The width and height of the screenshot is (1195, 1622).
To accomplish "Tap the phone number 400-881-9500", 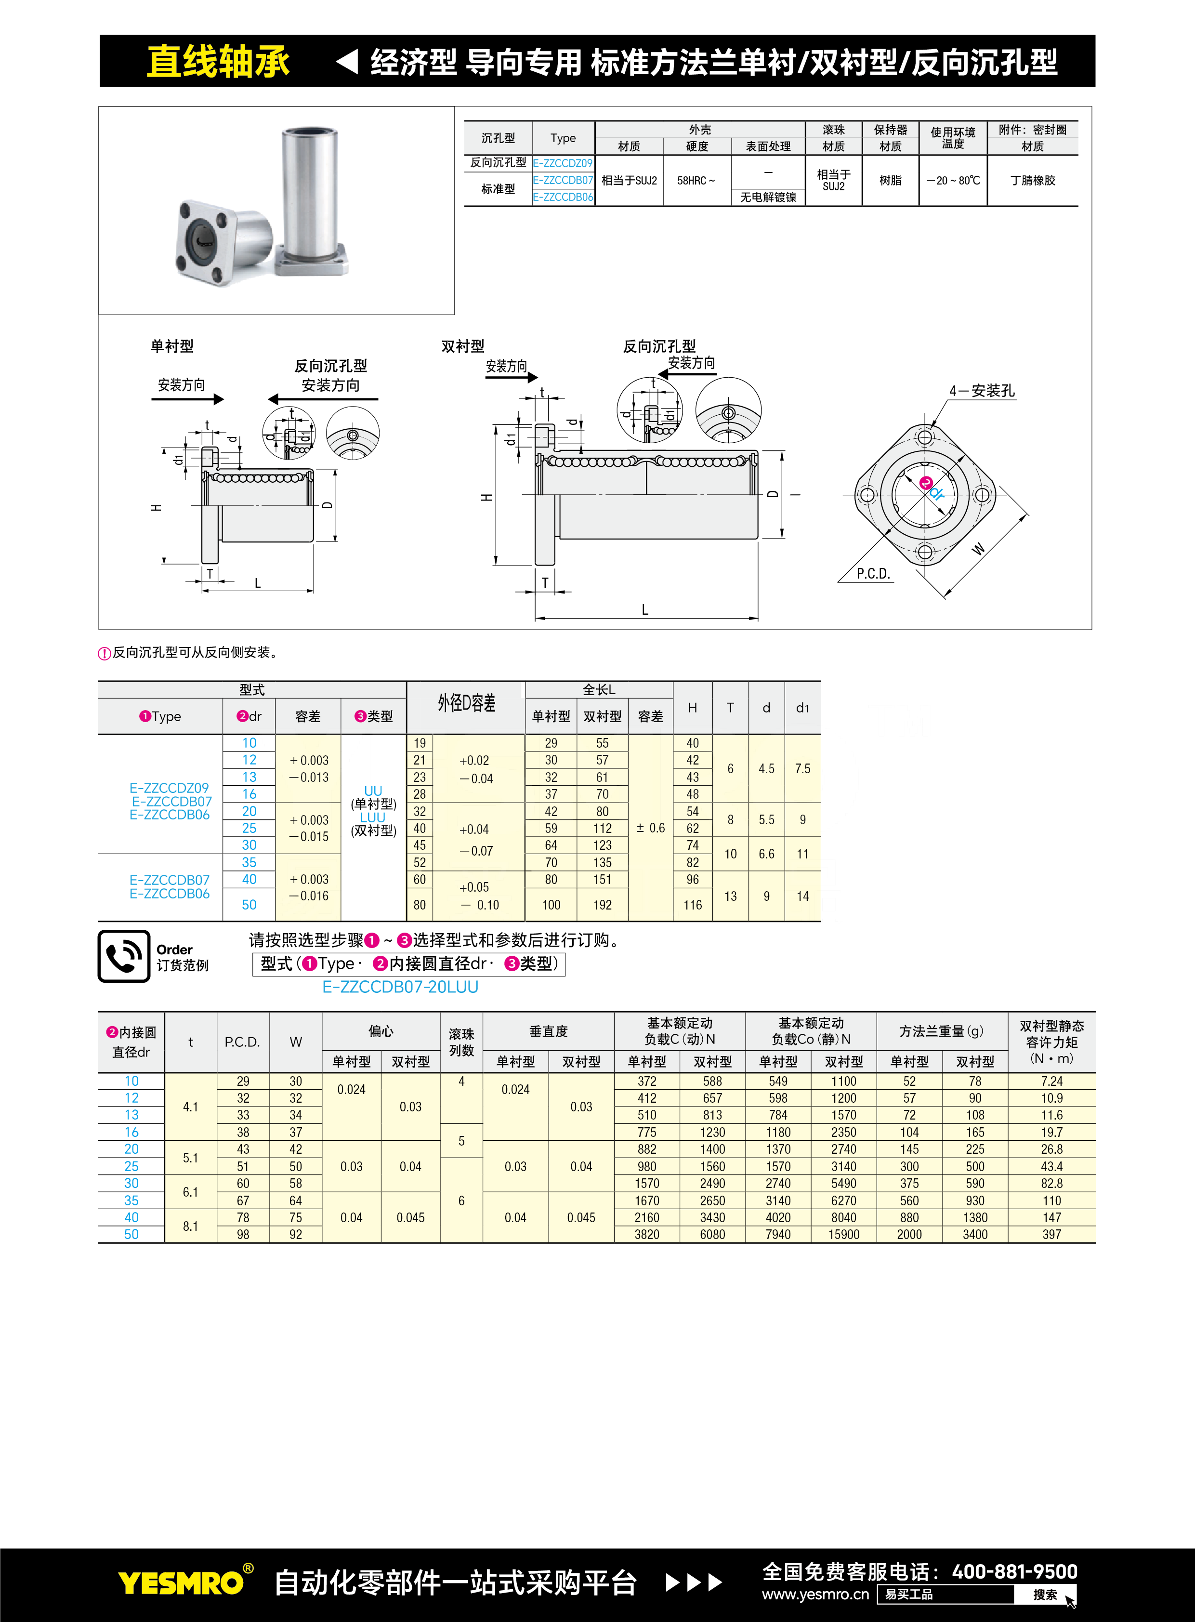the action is pyautogui.click(x=1014, y=1571).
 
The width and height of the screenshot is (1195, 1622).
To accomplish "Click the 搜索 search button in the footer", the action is pyautogui.click(x=1045, y=1595).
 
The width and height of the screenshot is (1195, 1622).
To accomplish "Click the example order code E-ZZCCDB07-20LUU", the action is pyautogui.click(x=400, y=987).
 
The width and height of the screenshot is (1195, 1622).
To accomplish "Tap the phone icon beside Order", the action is pyautogui.click(x=124, y=956).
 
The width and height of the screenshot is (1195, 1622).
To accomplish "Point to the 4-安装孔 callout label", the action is pyautogui.click(x=982, y=391).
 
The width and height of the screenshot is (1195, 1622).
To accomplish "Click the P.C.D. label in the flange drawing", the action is pyautogui.click(x=873, y=574).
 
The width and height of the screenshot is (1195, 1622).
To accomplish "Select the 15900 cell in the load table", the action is pyautogui.click(x=843, y=1234).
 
